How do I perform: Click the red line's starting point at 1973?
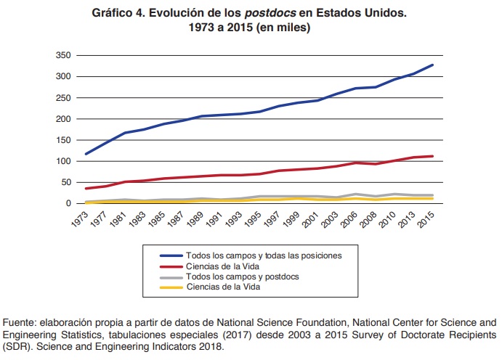pos(86,189)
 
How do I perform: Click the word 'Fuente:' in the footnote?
pos(20,322)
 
